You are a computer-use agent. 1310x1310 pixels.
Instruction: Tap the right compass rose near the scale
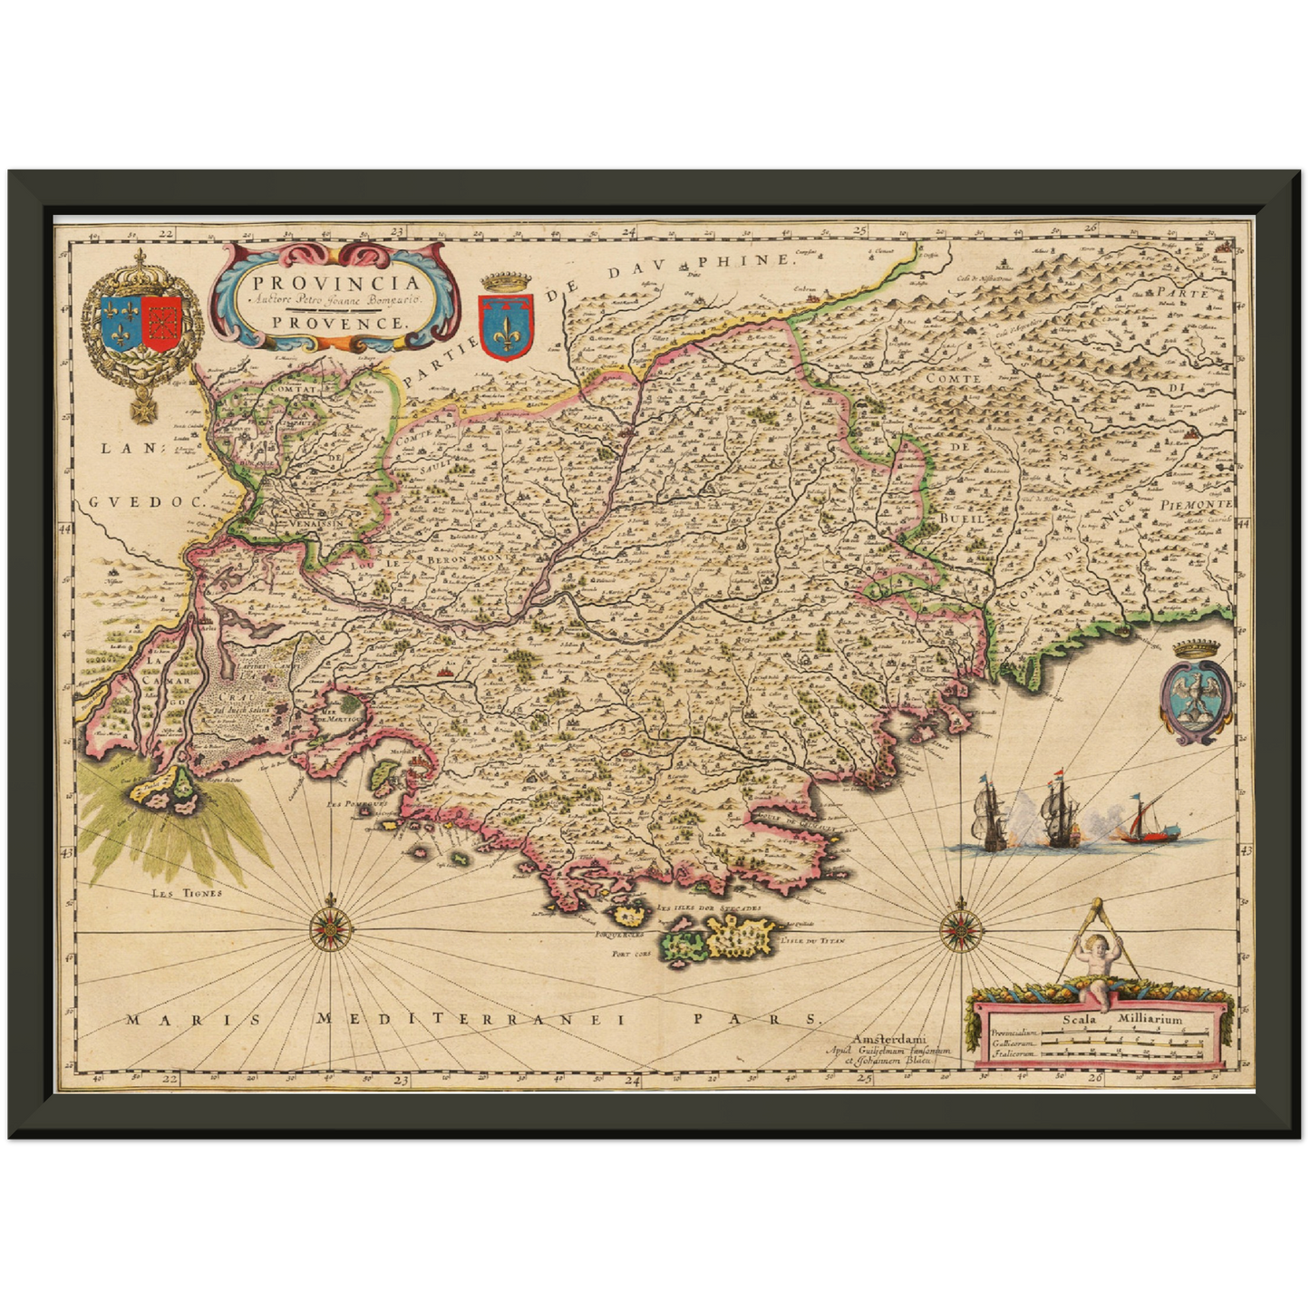tap(957, 927)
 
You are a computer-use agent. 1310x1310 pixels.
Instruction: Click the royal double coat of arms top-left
tap(141, 326)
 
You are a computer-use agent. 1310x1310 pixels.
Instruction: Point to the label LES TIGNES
tap(187, 893)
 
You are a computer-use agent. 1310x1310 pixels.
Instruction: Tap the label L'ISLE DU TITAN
tap(813, 941)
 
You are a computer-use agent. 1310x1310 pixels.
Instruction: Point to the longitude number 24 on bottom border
tap(632, 1081)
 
